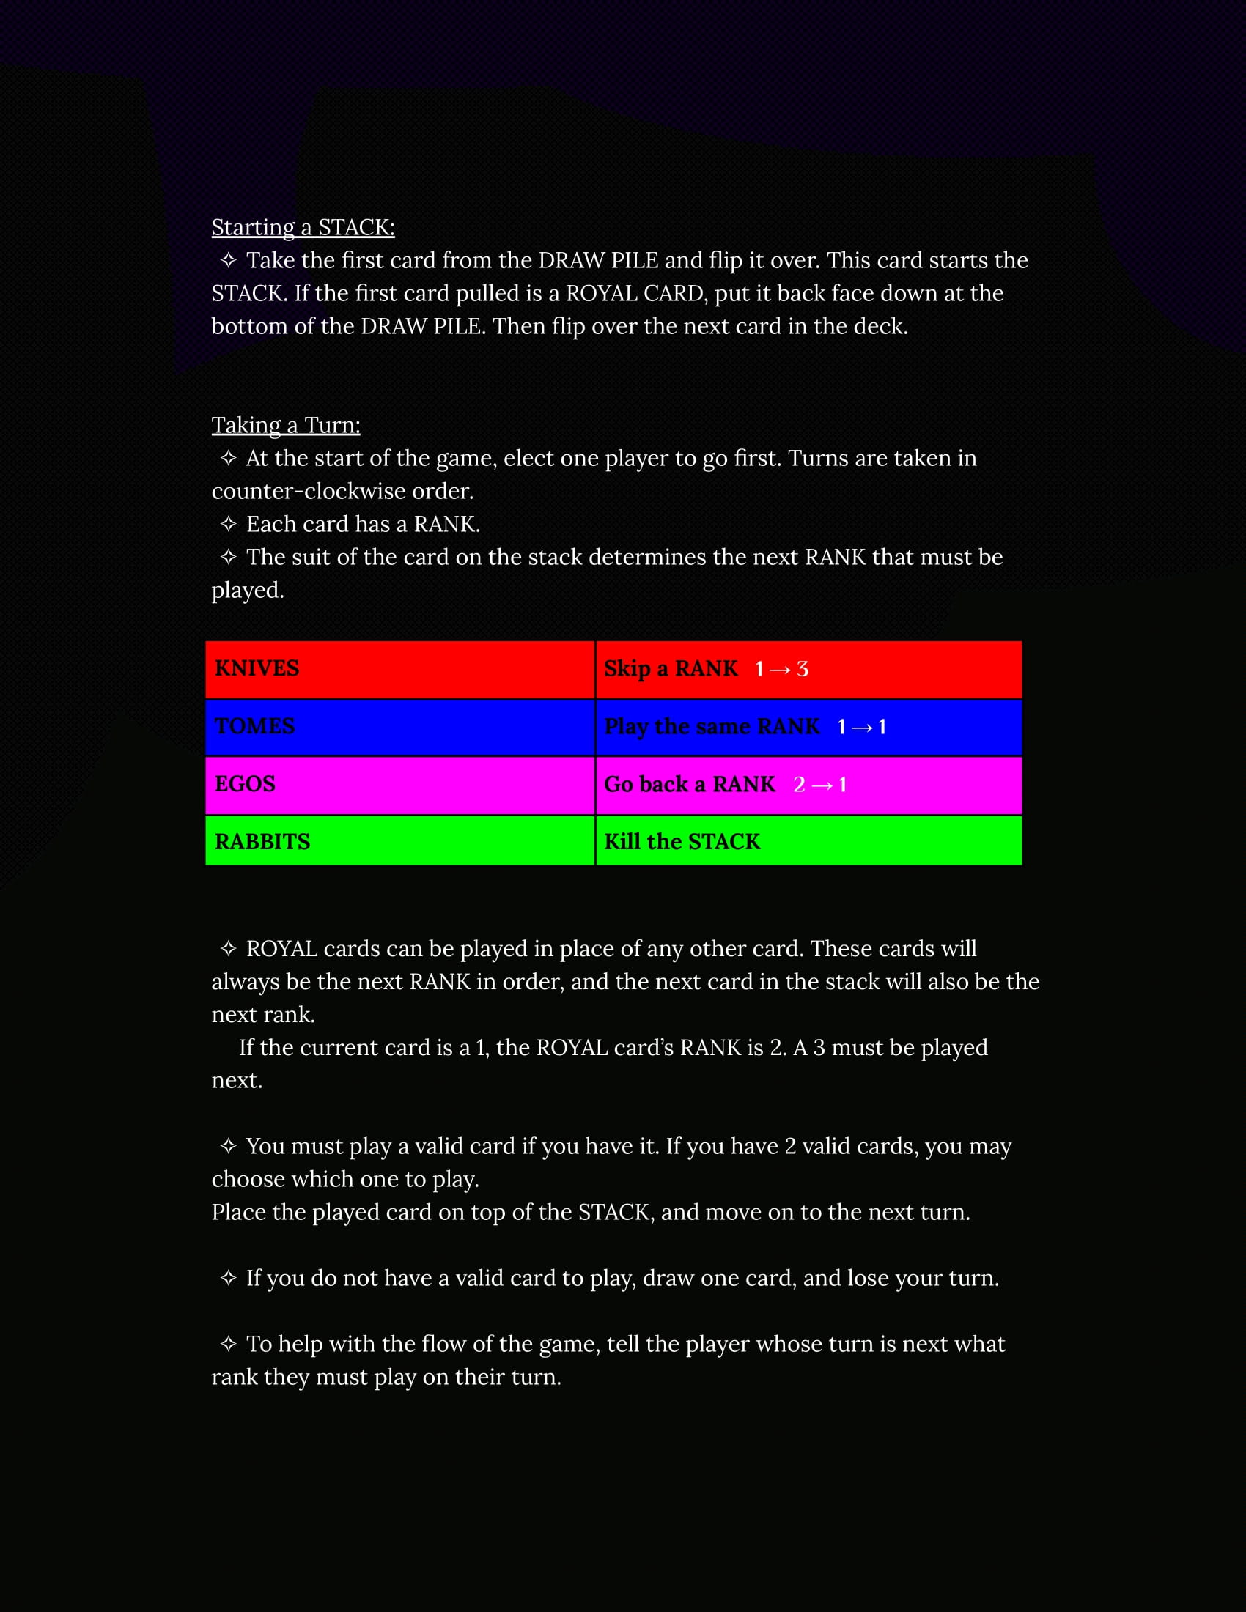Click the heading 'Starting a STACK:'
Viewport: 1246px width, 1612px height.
tap(303, 227)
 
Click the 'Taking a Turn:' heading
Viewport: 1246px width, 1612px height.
tap(286, 425)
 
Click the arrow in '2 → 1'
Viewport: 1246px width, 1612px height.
tap(822, 785)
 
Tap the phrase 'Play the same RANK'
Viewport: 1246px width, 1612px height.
tap(712, 726)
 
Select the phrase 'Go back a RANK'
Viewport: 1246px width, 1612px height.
tap(690, 784)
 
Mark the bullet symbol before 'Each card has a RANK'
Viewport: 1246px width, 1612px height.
tap(228, 524)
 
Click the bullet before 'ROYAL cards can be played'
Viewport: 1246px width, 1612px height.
tap(228, 948)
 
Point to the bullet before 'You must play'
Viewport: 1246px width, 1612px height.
tap(228, 1146)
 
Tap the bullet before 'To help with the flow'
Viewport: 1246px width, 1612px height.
tap(228, 1344)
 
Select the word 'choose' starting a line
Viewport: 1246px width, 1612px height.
tap(248, 1180)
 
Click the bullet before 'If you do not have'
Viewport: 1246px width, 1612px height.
tap(228, 1279)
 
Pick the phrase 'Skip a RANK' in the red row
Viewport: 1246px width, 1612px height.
tap(670, 669)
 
